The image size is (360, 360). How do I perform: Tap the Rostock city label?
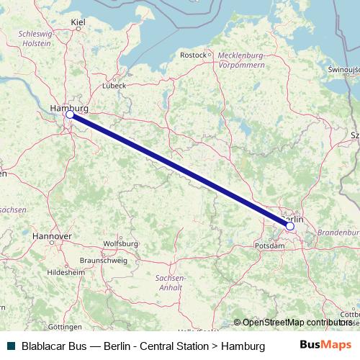tap(193, 55)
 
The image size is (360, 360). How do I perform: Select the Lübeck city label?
tap(114, 84)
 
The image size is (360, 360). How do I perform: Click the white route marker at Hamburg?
tap(70, 114)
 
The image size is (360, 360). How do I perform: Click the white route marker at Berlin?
tap(289, 226)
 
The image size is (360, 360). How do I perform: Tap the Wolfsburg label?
tap(120, 243)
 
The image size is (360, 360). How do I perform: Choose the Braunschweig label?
tap(103, 260)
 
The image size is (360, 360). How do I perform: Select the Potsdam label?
tap(269, 246)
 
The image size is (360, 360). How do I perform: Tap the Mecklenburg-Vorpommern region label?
tap(240, 59)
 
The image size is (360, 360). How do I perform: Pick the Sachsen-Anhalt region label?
tap(170, 282)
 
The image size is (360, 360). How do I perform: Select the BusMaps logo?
tap(325, 346)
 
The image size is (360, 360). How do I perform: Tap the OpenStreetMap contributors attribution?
tap(296, 323)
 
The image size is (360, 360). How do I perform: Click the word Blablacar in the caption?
tap(46, 346)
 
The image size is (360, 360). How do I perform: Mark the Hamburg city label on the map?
tap(69, 108)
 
